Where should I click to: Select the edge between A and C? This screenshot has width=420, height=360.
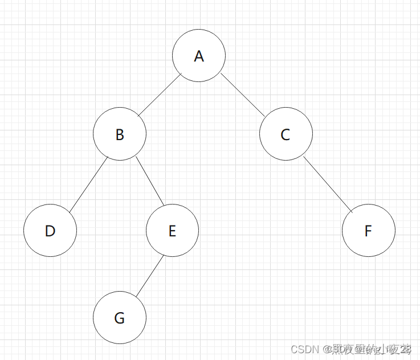click(x=242, y=94)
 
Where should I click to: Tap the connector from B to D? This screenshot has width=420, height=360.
click(x=88, y=186)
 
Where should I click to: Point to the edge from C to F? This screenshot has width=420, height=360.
click(x=329, y=183)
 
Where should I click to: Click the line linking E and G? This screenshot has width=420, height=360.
click(x=150, y=275)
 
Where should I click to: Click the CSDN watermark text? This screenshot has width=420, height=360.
click(x=304, y=349)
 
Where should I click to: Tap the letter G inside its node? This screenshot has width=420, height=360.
click(x=120, y=318)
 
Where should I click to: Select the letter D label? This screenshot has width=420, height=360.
click(x=50, y=231)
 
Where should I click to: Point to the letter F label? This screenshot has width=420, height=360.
click(x=368, y=231)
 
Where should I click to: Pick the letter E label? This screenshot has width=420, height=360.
click(x=172, y=231)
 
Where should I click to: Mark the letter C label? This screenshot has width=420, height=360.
click(x=286, y=134)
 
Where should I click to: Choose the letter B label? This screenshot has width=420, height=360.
click(x=120, y=134)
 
